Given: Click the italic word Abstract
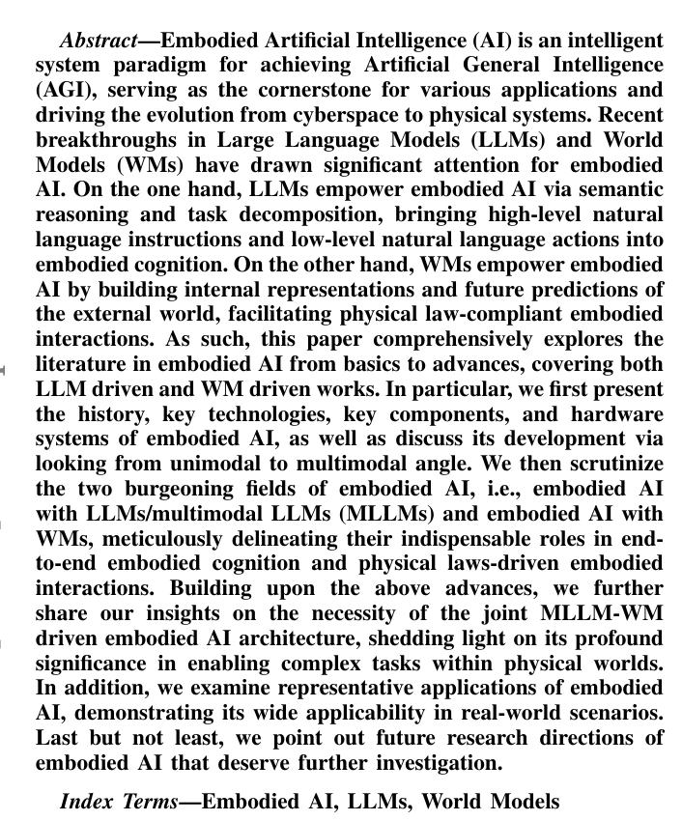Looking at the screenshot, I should (96, 42).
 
